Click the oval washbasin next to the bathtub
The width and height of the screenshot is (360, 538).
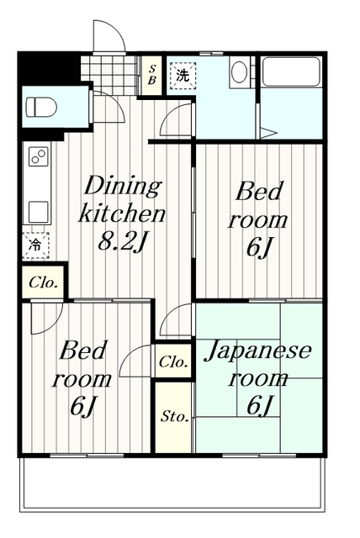click(239, 72)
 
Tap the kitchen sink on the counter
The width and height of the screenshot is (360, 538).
click(38, 208)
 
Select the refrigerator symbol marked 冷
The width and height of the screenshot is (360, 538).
click(35, 245)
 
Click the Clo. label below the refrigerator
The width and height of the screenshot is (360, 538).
click(43, 282)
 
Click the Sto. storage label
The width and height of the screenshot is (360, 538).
click(173, 416)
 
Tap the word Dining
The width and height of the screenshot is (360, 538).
click(121, 185)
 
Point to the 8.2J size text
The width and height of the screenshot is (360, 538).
click(123, 242)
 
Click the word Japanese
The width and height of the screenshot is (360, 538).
click(258, 350)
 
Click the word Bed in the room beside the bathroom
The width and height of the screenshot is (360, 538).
click(258, 192)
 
